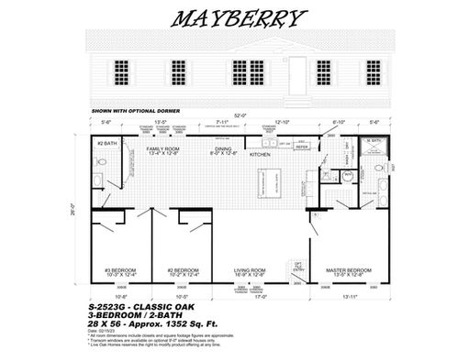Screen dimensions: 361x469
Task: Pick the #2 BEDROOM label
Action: [184, 271]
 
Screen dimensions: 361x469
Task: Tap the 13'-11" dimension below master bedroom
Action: [351, 296]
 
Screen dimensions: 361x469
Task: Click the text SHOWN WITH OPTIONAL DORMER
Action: [129, 109]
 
